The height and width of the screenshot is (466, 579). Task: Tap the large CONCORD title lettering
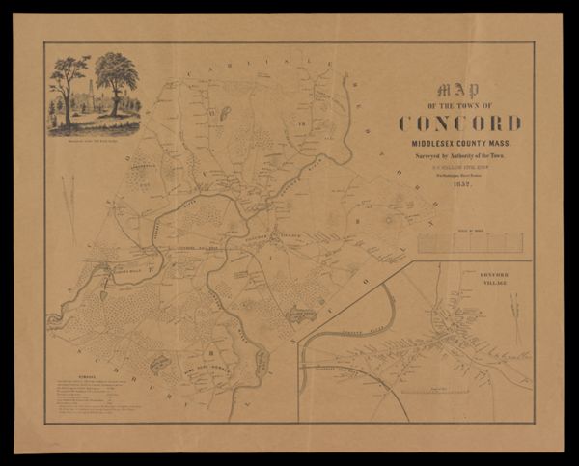[459, 123]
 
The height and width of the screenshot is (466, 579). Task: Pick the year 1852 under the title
[459, 184]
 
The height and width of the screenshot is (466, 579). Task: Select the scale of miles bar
[469, 241]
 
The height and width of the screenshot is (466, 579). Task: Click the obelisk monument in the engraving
[92, 95]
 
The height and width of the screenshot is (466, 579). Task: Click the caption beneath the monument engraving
[93, 140]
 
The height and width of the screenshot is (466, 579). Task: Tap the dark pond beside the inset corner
[301, 315]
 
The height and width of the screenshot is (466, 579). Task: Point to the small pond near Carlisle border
[225, 113]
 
